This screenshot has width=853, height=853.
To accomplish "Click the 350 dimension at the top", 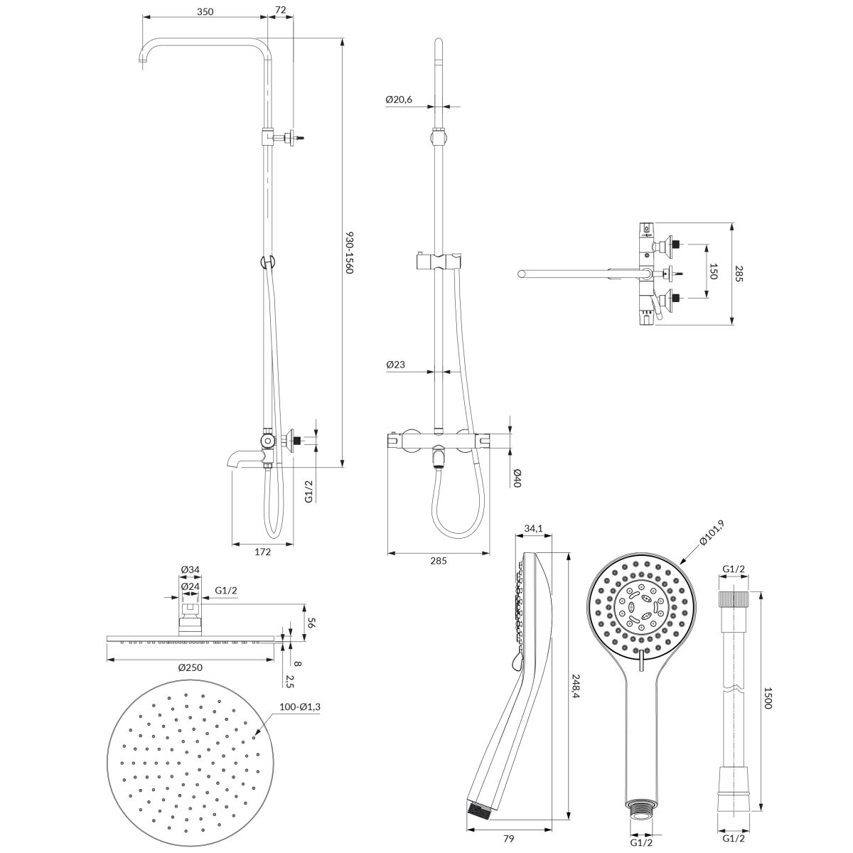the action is pyautogui.click(x=205, y=11).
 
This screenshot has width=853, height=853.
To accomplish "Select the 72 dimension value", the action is pyautogui.click(x=281, y=10).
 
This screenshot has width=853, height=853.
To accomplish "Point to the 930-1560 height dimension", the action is pyautogui.click(x=349, y=252).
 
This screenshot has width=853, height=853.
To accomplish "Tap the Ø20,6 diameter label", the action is pyautogui.click(x=398, y=100).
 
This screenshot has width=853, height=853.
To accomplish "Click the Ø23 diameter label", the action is pyautogui.click(x=395, y=365).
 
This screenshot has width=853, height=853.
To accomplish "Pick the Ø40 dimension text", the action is pyautogui.click(x=517, y=478).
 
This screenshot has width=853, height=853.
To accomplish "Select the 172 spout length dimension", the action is pyautogui.click(x=263, y=552).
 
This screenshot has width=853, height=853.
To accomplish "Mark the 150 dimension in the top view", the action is pyautogui.click(x=713, y=271).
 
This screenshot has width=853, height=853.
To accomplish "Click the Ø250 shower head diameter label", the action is pyautogui.click(x=191, y=667).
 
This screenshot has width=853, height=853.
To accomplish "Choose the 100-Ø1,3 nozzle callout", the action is pyautogui.click(x=300, y=707).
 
